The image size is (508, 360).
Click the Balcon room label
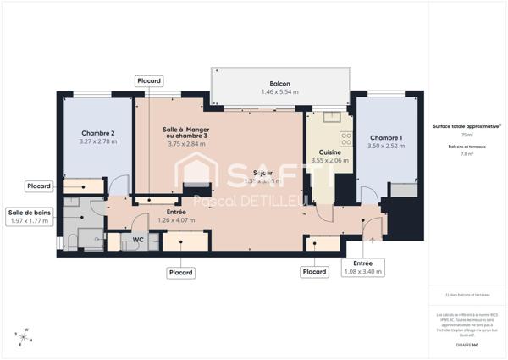pos(280,84)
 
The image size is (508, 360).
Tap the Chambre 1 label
pos(386,138)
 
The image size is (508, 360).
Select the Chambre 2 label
pos(98,133)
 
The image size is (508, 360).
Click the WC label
pos(132,241)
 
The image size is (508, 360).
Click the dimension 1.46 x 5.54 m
pos(280,93)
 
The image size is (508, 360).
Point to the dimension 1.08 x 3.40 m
pos(362,272)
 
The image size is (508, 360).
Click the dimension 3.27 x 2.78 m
pos(98,142)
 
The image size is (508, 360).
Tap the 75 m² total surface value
pos(467,135)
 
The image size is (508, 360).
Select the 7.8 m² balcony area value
pos(467,154)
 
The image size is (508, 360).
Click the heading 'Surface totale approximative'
pos(467,125)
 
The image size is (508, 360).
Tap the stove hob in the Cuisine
pos(345,136)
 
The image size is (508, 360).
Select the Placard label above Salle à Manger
pos(149,80)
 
